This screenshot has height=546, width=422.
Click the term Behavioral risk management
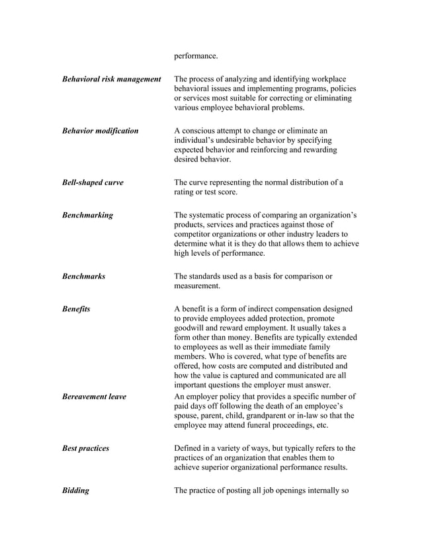pyautogui.click(x=111, y=79)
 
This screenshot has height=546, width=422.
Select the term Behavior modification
pyautogui.click(x=100, y=131)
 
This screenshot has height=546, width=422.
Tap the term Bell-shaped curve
pyautogui.click(x=93, y=182)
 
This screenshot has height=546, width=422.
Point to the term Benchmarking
pyautogui.click(x=87, y=215)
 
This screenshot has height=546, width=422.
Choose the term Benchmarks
pyautogui.click(x=83, y=276)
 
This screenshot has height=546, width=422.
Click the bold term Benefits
pyautogui.click(x=76, y=309)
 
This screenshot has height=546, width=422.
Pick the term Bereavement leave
pyautogui.click(x=94, y=397)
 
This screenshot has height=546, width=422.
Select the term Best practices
pyautogui.click(x=85, y=448)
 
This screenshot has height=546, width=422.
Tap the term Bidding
pyautogui.click(x=75, y=490)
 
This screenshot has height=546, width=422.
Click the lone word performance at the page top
pyautogui.click(x=196, y=56)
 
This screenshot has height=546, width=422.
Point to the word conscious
pyautogui.click(x=200, y=131)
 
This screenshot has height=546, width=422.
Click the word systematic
pyautogui.click(x=210, y=215)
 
